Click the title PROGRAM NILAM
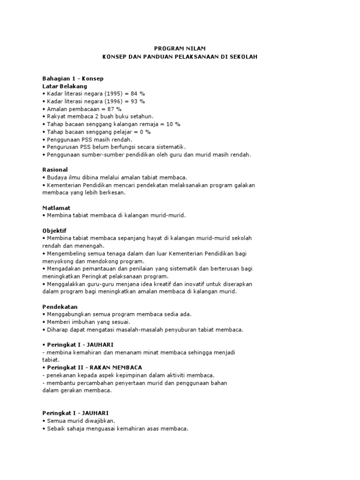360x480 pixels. (180, 48)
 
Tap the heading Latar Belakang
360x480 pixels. (65, 86)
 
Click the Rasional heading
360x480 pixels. (55, 170)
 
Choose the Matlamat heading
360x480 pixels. (57, 208)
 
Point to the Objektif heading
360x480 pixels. (54, 231)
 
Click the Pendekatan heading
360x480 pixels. (60, 307)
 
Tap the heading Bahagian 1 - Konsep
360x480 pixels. (73, 79)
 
